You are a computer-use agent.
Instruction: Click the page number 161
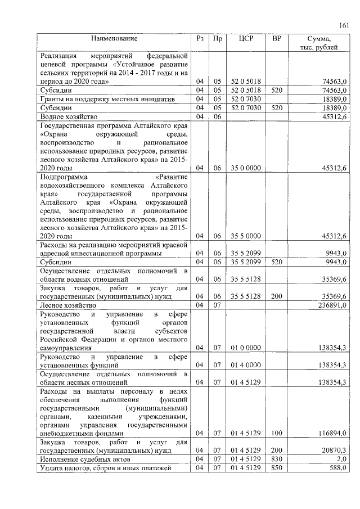click(344, 25)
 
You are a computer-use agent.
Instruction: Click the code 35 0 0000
click(245, 168)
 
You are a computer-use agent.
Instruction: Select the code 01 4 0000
click(245, 365)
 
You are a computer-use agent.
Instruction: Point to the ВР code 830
click(276, 460)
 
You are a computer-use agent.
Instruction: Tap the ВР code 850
click(276, 468)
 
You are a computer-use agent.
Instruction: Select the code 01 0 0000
click(245, 348)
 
